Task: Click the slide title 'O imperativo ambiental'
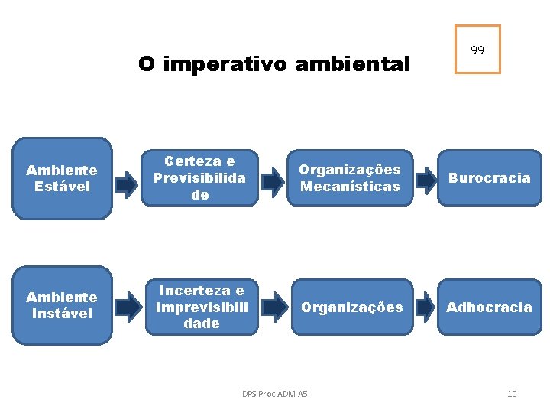click(x=274, y=63)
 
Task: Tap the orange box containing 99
click(x=477, y=50)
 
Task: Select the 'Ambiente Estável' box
click(x=62, y=178)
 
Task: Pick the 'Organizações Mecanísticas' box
click(x=349, y=178)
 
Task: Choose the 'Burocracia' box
click(x=489, y=178)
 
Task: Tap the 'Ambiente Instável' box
click(x=62, y=305)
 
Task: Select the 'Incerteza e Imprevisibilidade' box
click(x=202, y=307)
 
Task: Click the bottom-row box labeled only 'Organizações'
click(x=351, y=307)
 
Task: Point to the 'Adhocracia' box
click(x=489, y=307)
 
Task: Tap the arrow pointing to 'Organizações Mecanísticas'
click(x=270, y=181)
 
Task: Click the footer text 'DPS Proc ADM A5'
click(x=274, y=394)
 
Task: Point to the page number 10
click(x=512, y=394)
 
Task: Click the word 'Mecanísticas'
click(x=350, y=187)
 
